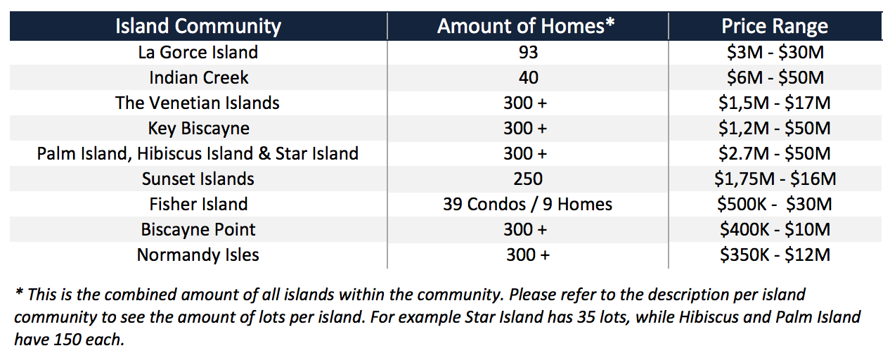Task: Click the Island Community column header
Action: coord(198,26)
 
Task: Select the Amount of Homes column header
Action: coord(526,26)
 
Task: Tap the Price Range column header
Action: coord(775,26)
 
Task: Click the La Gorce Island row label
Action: coord(198,52)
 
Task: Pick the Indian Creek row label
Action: coord(199,77)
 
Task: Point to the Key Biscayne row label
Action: coord(199,129)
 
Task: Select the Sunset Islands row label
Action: coord(198,179)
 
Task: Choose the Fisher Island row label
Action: coord(198,204)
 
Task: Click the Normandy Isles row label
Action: coord(198,255)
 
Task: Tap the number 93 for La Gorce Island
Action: coord(528,53)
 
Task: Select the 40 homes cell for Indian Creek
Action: coord(528,77)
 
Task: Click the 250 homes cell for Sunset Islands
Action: coord(528,179)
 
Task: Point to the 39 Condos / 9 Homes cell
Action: coord(528,204)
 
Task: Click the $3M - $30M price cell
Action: coord(775,53)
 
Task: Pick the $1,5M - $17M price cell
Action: coord(775,103)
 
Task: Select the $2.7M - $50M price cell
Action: coord(775,154)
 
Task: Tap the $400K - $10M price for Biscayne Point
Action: coord(775,230)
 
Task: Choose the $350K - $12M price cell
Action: coord(775,255)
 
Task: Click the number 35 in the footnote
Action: coord(588,318)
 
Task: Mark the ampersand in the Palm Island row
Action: coord(264,154)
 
